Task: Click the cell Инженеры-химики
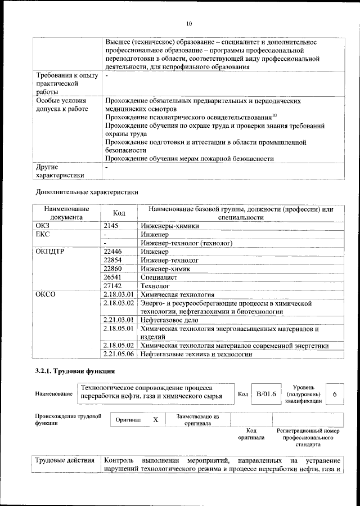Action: (170, 225)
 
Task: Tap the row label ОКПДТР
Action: (49, 252)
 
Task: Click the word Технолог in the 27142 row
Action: (156, 286)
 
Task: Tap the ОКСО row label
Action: (46, 294)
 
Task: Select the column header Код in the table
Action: (119, 213)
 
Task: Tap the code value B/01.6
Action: (266, 394)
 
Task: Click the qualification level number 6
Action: (335, 394)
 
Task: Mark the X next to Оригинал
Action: (156, 420)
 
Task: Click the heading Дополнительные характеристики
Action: (87, 192)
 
